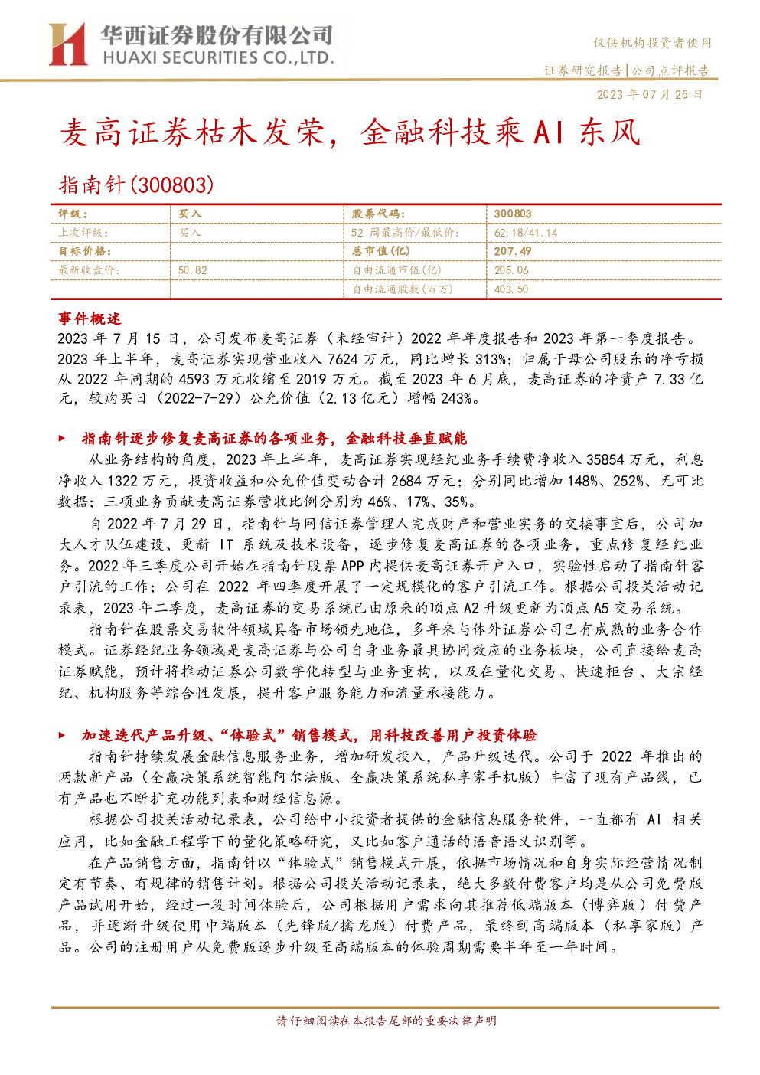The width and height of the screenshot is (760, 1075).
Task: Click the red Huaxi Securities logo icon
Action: (x=68, y=44)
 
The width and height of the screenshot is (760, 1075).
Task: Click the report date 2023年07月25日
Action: (x=649, y=94)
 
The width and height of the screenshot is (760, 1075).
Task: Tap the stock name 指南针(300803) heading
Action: (x=136, y=185)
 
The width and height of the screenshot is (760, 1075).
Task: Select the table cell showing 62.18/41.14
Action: (x=525, y=233)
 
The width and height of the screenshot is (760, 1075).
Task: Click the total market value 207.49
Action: (x=513, y=251)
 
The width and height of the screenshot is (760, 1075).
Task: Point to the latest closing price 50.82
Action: (x=192, y=270)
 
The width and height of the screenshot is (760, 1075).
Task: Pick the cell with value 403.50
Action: (x=511, y=289)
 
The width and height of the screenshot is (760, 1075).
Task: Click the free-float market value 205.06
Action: (x=511, y=270)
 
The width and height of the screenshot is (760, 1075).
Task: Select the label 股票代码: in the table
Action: (x=378, y=214)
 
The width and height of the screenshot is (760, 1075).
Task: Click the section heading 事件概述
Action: (x=90, y=319)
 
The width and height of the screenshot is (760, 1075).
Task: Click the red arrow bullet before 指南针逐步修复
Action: (x=62, y=438)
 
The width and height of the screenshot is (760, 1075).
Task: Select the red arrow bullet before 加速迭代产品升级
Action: (x=62, y=735)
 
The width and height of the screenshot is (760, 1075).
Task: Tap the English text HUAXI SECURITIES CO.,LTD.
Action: (x=218, y=58)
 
